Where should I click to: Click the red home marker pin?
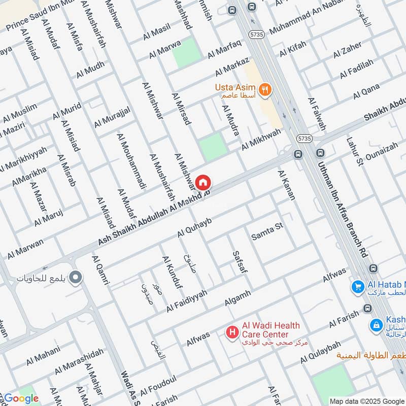(202, 182)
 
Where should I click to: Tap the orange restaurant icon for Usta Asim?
(264, 90)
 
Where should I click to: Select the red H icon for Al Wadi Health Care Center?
(232, 332)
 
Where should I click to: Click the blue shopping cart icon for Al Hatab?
(357, 287)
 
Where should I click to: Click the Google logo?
(21, 398)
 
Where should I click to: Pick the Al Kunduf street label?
(172, 273)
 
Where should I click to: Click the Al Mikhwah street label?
(261, 141)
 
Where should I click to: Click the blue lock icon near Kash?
(376, 324)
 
